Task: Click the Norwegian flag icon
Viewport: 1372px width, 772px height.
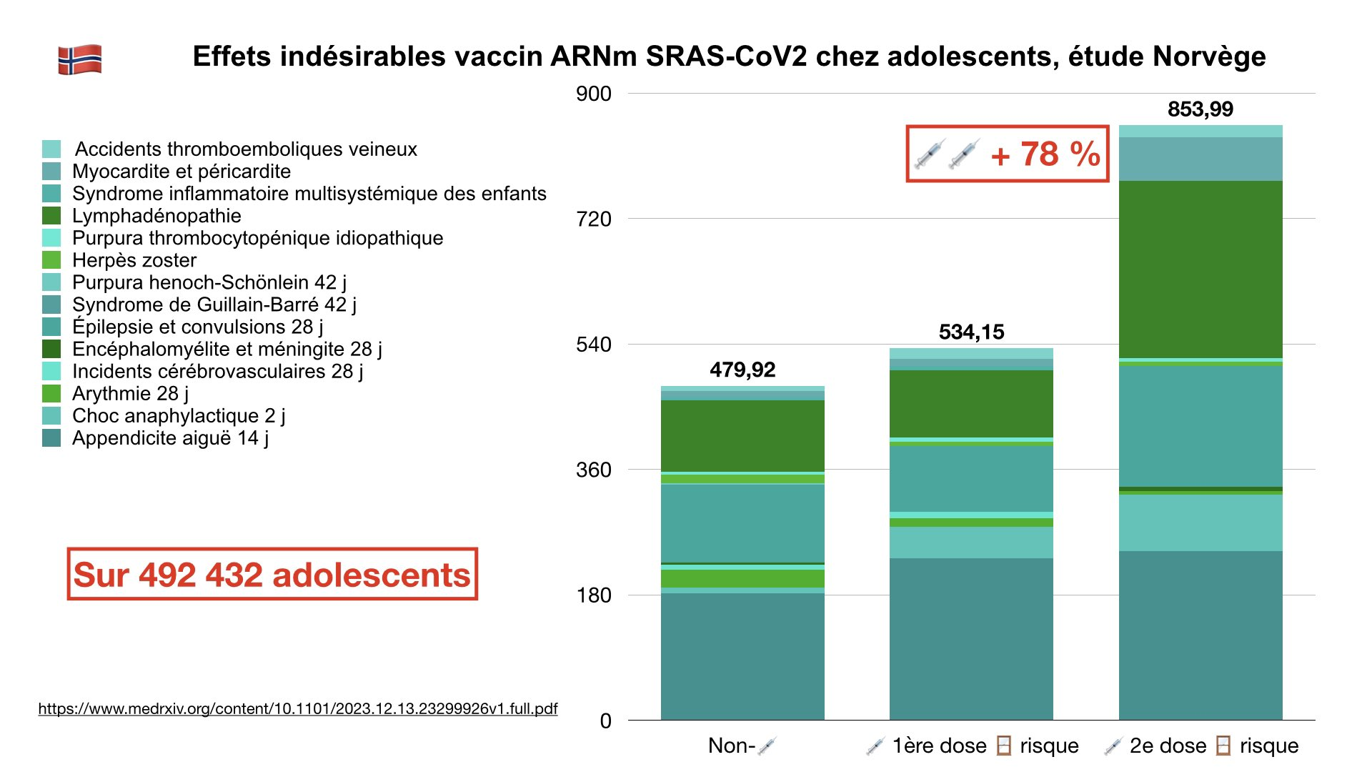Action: tap(79, 59)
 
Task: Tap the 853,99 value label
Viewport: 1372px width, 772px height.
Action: tap(1200, 109)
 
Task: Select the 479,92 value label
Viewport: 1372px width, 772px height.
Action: tap(742, 370)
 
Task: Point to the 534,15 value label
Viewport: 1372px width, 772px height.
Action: tap(971, 332)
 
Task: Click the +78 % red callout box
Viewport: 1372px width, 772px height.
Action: tap(1008, 154)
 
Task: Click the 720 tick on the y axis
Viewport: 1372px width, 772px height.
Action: tap(594, 219)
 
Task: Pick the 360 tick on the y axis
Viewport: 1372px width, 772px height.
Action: tap(594, 470)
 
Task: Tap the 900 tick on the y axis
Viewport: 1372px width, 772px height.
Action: tap(594, 94)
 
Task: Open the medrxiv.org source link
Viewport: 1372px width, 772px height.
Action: tap(297, 708)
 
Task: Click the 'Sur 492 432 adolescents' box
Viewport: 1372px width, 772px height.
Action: tap(272, 574)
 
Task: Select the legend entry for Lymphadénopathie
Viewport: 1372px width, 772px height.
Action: tap(156, 216)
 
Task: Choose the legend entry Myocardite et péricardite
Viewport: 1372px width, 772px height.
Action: tap(182, 172)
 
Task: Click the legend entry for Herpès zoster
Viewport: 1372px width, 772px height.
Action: tap(134, 260)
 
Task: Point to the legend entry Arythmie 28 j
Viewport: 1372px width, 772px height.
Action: tap(130, 393)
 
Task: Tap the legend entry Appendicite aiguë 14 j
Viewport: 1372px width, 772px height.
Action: tap(170, 437)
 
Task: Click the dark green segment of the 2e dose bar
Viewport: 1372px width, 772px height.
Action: tap(1200, 269)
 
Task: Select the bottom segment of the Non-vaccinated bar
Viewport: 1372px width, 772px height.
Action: tap(742, 656)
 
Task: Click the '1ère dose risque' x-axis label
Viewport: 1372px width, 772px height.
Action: tap(973, 746)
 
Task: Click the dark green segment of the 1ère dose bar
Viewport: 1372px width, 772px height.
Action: tap(971, 403)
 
